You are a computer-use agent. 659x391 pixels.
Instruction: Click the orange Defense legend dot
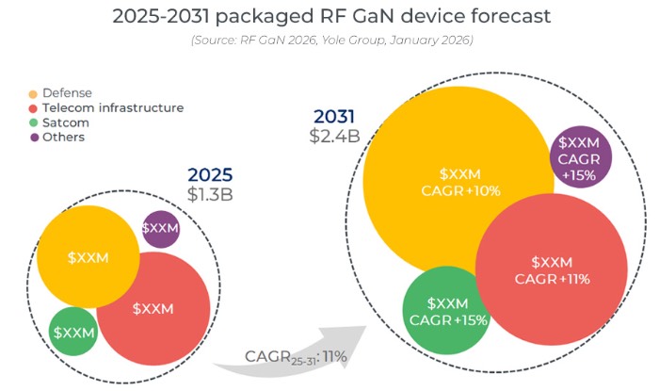click(34, 94)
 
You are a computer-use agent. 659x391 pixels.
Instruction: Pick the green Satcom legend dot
click(34, 122)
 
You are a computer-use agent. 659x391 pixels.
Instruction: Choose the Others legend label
click(63, 137)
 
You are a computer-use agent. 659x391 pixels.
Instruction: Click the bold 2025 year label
click(209, 175)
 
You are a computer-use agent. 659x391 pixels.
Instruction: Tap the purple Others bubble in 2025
click(161, 229)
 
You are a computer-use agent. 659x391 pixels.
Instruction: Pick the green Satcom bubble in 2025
click(73, 332)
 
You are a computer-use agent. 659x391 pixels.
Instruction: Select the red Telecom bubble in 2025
click(153, 308)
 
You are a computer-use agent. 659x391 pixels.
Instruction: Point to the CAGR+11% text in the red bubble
click(552, 278)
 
